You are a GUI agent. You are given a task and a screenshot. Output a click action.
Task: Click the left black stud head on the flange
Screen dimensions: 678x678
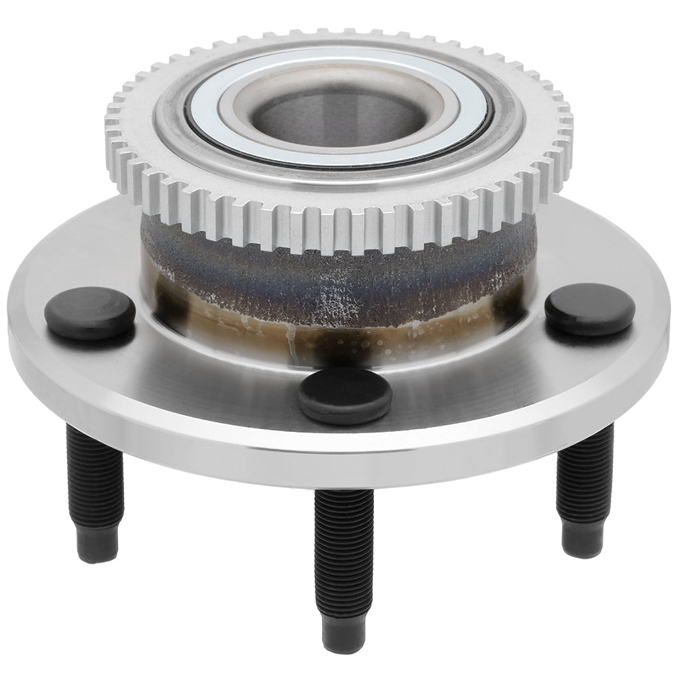tap(89, 312)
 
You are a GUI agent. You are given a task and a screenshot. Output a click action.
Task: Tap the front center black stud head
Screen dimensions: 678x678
tap(345, 395)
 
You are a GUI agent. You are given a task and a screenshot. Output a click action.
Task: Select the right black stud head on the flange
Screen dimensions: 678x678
tap(589, 308)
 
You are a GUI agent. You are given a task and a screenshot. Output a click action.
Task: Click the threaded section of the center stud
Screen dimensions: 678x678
tap(344, 542)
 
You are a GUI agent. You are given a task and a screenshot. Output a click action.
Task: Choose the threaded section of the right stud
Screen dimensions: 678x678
tap(584, 475)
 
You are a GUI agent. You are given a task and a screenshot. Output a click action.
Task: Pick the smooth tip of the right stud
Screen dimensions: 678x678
tap(582, 539)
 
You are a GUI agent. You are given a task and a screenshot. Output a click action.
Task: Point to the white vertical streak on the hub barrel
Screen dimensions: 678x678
tap(292, 342)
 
